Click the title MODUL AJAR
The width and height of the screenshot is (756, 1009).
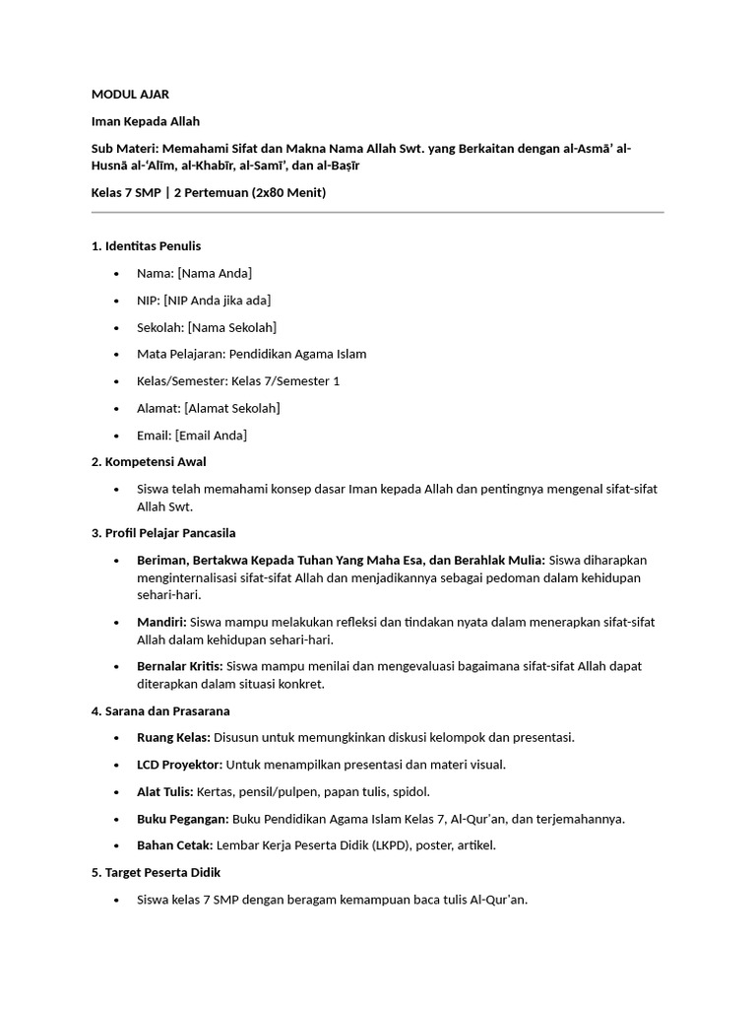[x=130, y=95]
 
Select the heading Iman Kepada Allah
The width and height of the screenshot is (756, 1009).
[x=146, y=121]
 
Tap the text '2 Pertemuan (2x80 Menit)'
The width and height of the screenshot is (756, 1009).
[x=250, y=192]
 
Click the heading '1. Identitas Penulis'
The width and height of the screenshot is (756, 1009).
[x=146, y=245]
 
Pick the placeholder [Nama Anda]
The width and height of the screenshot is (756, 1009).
[x=215, y=273]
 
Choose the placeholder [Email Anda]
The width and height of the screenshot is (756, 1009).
[x=211, y=435]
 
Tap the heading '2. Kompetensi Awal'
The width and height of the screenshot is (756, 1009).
[x=149, y=461]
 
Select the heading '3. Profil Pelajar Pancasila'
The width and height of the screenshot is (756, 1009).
[x=163, y=533]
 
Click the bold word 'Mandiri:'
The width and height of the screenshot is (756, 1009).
[x=161, y=622]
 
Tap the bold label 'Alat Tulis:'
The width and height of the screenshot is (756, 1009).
[x=165, y=791]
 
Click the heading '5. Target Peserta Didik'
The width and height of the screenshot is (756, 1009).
[x=156, y=872]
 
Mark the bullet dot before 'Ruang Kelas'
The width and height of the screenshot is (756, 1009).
[x=116, y=738]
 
